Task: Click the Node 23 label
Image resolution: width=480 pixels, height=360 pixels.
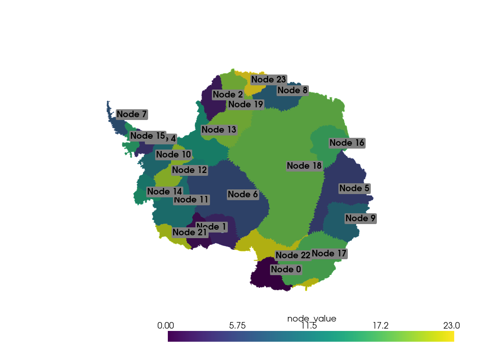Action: [268, 80]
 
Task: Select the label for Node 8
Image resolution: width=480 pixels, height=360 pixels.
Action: [292, 90]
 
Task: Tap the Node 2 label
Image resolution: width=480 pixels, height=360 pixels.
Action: [227, 95]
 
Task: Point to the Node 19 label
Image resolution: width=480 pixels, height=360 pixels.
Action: [246, 105]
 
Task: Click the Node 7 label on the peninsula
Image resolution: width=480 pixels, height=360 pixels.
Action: [132, 114]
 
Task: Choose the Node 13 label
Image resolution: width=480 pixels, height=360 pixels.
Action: [219, 130]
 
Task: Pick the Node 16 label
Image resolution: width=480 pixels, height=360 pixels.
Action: [347, 143]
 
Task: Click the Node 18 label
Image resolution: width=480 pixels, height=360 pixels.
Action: [304, 166]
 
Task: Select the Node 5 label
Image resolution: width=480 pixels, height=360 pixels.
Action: [354, 188]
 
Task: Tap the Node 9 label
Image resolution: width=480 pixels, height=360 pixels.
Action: [360, 218]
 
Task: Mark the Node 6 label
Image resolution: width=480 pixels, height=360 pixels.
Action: [242, 195]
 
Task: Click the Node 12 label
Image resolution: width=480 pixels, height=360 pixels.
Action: [189, 171]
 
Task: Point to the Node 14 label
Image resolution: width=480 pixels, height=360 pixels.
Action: [165, 192]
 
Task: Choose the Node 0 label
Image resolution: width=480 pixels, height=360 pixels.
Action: [286, 270]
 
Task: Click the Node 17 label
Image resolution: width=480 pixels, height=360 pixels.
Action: [329, 254]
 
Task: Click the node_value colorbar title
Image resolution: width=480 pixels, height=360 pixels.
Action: [311, 319]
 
